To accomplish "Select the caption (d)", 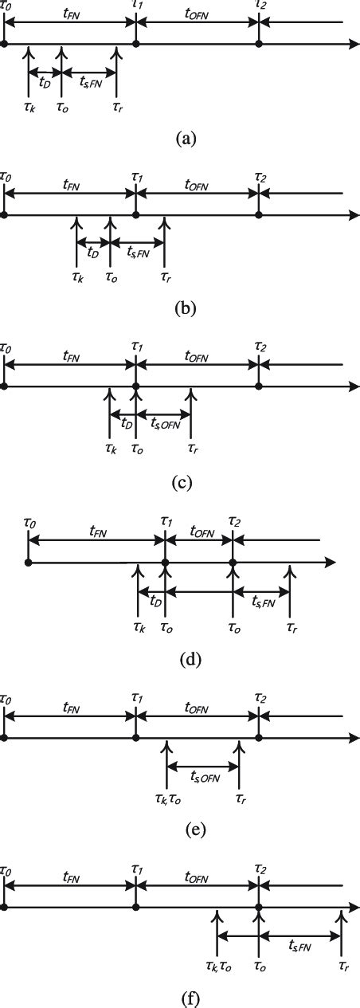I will click(180, 659).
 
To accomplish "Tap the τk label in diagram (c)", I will click(109, 449).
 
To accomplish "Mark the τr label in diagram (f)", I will click(340, 966).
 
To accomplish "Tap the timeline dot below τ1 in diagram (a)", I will click(136, 43).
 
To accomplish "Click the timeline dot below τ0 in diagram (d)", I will click(29, 562).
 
